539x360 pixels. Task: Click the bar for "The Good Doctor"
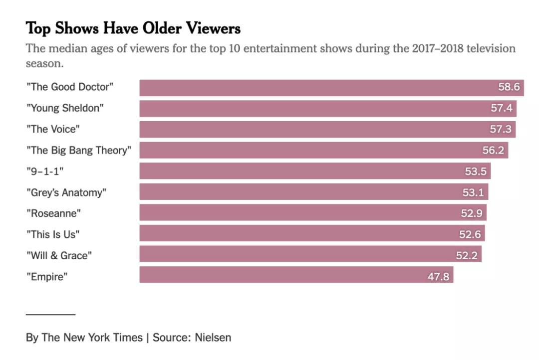(x=314, y=87)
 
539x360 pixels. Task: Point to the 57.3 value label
(x=501, y=129)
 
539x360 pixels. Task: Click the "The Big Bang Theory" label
(x=79, y=150)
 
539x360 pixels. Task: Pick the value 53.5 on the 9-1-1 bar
(x=476, y=171)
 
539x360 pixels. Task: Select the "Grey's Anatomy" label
(x=66, y=192)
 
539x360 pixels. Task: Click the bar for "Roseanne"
(x=299, y=212)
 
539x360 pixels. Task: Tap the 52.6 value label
(x=470, y=234)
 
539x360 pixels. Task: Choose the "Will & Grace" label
(x=59, y=255)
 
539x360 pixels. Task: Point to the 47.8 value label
(x=439, y=276)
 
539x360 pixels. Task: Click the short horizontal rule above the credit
(x=50, y=315)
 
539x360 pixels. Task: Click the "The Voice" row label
(x=53, y=129)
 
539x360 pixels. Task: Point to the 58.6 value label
(x=509, y=87)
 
